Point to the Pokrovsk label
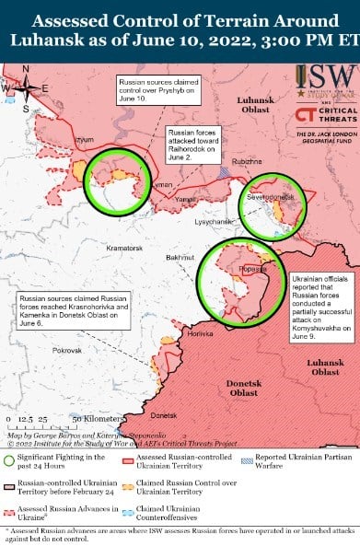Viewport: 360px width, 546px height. pos(66,351)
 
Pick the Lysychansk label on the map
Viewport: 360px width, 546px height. pos(212,222)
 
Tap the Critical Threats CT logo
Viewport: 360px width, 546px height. pos(306,115)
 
